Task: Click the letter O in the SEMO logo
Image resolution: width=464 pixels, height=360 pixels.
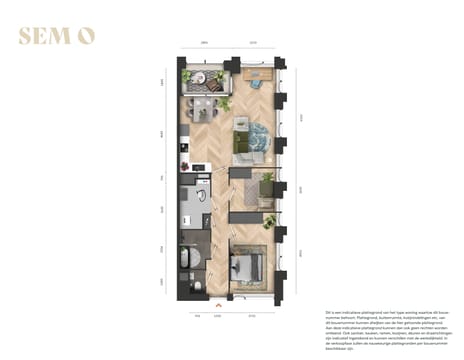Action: click(87, 36)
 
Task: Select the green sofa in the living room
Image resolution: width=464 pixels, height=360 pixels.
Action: click(243, 142)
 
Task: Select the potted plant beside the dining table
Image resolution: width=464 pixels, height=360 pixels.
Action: click(226, 103)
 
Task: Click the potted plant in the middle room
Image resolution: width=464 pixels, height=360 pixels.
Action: click(267, 180)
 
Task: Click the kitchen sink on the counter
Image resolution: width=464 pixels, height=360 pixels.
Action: click(184, 160)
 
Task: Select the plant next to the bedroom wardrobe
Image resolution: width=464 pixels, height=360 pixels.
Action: click(268, 221)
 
